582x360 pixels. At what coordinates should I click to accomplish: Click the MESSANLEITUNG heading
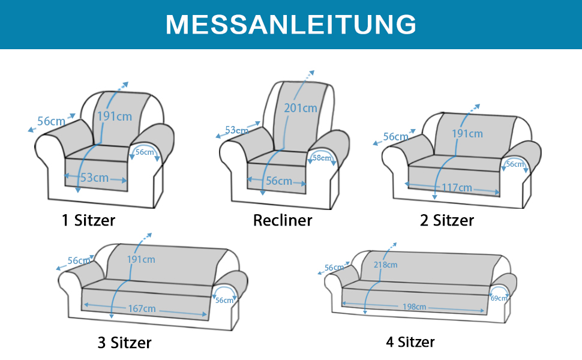point(291,25)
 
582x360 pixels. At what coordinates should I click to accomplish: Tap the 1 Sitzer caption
point(88,220)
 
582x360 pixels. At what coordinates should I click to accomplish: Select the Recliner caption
point(283,220)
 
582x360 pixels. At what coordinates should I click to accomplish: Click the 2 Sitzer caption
point(447,220)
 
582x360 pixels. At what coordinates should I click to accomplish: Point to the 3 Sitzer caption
point(124,343)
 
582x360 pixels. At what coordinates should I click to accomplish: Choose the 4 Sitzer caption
point(410,342)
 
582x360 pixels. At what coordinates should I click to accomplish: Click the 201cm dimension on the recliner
point(301,108)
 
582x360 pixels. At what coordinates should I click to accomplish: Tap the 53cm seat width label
point(95,178)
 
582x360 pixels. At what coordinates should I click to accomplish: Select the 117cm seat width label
point(457,187)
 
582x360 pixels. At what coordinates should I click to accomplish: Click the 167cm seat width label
point(142,308)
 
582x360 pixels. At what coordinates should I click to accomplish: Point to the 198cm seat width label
point(414,307)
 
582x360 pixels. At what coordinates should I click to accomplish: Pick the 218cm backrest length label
point(385,265)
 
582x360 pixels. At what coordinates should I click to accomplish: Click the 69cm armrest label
point(499,298)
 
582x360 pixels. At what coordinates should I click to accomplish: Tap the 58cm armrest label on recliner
point(322,158)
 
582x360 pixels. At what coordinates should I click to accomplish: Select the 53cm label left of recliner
point(236,130)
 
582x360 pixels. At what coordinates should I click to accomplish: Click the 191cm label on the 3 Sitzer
point(141,259)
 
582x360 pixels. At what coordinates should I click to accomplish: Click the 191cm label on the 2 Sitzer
point(467,134)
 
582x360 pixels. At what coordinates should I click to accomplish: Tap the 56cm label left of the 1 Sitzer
point(51,121)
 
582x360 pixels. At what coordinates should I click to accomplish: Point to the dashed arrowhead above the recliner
point(312,73)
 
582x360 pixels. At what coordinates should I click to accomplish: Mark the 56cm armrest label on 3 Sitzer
point(224,300)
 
